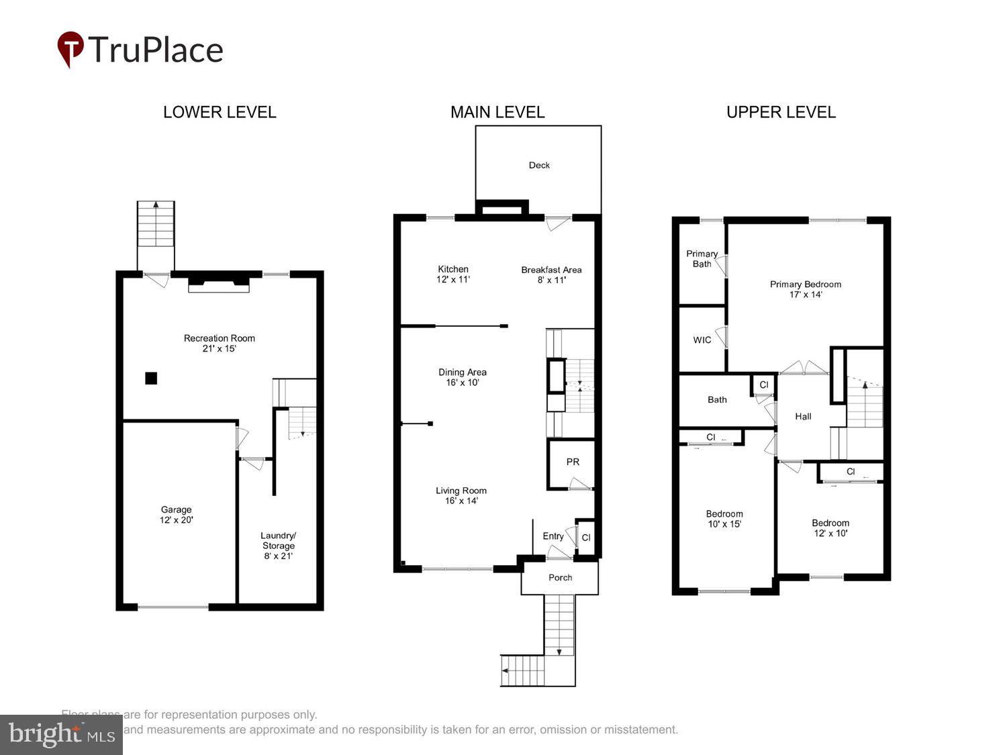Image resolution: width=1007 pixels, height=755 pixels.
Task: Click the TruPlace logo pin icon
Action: tap(70, 48)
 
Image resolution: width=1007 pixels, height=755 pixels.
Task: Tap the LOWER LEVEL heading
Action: tap(220, 112)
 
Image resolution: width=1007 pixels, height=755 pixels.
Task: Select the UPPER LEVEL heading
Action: tap(781, 112)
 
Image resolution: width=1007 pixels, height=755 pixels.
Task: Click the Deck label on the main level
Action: tap(539, 165)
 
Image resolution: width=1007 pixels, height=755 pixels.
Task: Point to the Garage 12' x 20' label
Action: tap(177, 515)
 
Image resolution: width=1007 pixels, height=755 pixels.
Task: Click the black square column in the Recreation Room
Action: tap(151, 379)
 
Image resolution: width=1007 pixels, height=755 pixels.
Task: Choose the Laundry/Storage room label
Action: tap(278, 546)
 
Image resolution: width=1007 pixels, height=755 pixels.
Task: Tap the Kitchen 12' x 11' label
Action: tap(453, 274)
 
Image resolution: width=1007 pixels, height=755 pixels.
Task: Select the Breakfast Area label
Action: tap(551, 274)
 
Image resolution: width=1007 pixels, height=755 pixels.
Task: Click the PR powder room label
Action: tap(573, 462)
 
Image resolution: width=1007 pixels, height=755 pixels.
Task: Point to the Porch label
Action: tap(560, 577)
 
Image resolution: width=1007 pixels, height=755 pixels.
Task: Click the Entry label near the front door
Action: tap(553, 536)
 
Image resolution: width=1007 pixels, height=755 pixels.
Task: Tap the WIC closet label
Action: tap(702, 340)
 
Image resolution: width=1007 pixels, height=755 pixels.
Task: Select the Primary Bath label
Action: tap(702, 258)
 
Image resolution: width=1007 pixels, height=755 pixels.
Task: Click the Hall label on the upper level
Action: tap(803, 416)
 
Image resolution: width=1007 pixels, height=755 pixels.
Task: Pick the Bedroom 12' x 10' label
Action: tap(830, 528)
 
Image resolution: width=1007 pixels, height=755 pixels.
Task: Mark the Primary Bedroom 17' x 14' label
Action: tap(805, 289)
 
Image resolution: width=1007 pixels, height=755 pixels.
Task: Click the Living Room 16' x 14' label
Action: tap(461, 495)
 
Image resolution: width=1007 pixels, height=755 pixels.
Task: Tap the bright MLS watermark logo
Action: tap(61, 734)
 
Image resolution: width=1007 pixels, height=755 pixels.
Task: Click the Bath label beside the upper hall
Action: tap(717, 399)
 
